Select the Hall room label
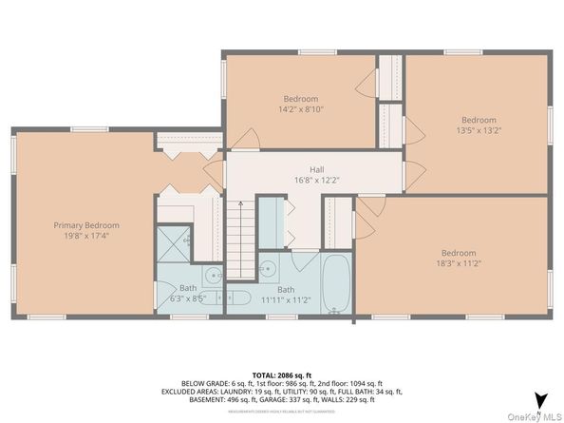click(303, 169)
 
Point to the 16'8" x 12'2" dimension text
click(303, 180)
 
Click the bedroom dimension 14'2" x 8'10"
click(300, 109)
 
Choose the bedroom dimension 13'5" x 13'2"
click(479, 131)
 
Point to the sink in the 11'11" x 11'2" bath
click(270, 267)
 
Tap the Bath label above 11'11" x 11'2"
click(286, 289)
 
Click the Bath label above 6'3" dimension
click(188, 287)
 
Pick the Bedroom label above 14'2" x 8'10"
click(300, 99)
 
